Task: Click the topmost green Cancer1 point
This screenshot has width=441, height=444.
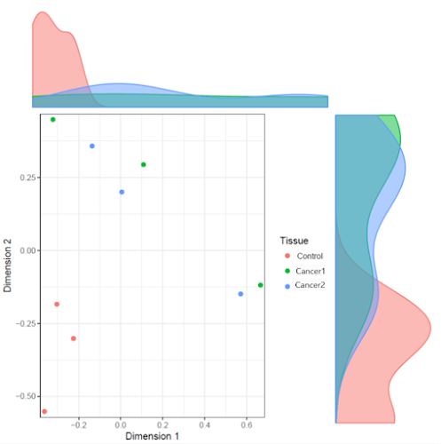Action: (x=53, y=119)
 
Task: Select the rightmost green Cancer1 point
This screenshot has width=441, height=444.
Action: (x=260, y=285)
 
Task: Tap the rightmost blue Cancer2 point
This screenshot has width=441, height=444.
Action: (x=240, y=293)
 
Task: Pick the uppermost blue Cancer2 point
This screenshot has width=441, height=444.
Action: (x=92, y=146)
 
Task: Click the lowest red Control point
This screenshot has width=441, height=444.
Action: (x=44, y=411)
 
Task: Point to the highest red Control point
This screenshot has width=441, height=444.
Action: (x=57, y=304)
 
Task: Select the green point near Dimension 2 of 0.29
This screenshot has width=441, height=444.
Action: (x=144, y=164)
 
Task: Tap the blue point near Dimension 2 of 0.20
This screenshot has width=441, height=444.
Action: (x=122, y=192)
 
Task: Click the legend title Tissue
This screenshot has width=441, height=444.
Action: (x=294, y=241)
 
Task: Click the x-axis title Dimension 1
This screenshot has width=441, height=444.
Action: (x=152, y=436)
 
